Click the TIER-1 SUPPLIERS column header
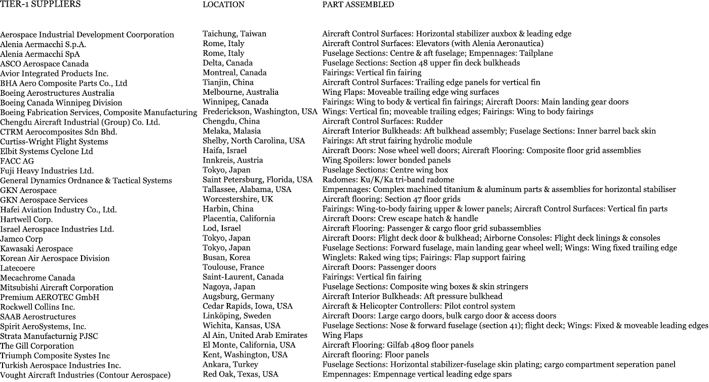pos(40,5)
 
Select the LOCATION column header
pos(223,5)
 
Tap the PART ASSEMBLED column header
pos(358,5)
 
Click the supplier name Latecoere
pos(17,268)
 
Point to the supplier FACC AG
pos(17,161)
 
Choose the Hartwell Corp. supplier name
pos(26,220)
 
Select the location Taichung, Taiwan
pos(234,34)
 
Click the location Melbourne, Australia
pos(241,92)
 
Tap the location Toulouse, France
pos(233,268)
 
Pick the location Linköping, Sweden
pos(237,316)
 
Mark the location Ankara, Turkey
pos(230,365)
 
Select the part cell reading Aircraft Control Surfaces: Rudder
pos(382,122)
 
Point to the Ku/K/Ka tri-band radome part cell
pos(388,180)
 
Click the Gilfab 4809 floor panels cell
pos(398,345)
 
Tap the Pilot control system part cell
pos(418,306)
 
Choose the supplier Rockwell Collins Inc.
pos(37,307)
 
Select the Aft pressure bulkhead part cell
pos(412,296)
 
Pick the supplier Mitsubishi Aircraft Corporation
pos(57,288)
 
